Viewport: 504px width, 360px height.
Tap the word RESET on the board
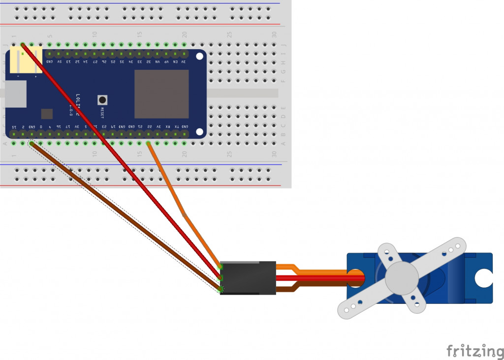coord(102,113)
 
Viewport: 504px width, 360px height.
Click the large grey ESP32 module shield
coord(161,94)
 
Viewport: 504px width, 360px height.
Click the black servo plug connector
coord(248,278)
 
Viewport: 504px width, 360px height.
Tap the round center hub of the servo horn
coord(402,278)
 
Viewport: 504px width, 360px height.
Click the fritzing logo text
coord(475,351)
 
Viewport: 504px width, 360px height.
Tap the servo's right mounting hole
coord(483,278)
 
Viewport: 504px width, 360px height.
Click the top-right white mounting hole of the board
coord(199,56)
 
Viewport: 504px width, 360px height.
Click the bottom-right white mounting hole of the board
coord(199,131)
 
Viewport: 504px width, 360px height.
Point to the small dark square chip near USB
coord(47,114)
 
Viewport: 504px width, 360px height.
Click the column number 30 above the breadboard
coord(274,34)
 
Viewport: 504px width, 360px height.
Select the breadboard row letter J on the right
coord(283,45)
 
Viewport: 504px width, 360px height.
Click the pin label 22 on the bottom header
coord(149,126)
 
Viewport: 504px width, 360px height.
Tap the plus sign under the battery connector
coord(35,77)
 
